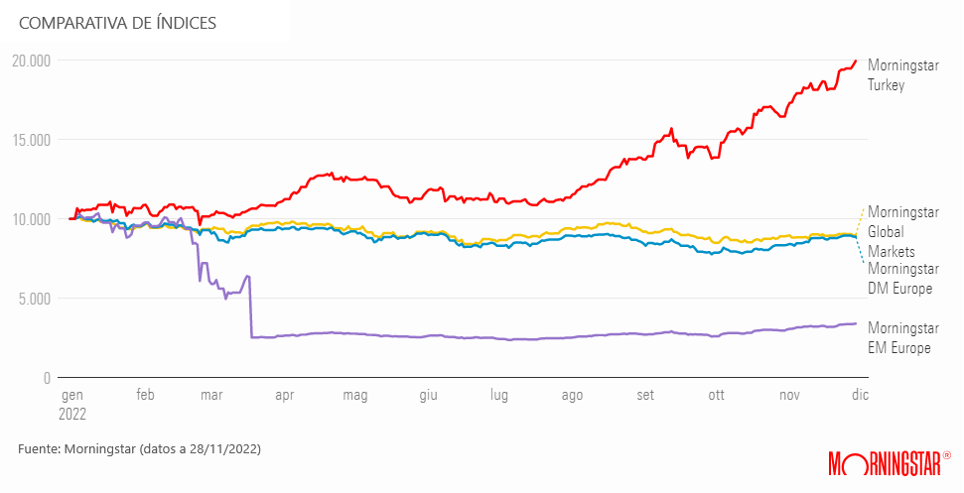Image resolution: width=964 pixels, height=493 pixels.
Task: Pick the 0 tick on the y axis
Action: tap(46, 378)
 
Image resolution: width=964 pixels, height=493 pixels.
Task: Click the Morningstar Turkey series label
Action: tap(902, 75)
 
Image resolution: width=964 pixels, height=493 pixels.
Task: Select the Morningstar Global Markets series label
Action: tap(902, 232)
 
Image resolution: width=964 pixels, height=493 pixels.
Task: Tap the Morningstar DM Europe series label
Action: tap(902, 278)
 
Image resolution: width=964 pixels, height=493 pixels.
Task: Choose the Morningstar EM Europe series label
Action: tap(902, 337)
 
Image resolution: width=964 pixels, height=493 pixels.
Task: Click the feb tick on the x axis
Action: tap(145, 395)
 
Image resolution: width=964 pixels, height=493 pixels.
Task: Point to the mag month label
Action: tap(354, 395)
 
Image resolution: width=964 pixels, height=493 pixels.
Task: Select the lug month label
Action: tap(498, 395)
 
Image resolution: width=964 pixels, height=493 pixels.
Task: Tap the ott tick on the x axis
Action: tap(716, 395)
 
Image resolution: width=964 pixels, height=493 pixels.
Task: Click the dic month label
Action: tap(860, 395)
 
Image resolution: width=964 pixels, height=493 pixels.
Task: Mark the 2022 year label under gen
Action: tap(72, 413)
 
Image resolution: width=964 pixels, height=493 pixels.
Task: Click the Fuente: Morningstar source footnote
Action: tap(139, 449)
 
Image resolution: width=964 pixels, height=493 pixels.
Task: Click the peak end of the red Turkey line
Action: tap(856, 61)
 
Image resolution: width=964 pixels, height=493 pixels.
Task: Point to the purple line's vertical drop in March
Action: tap(250, 308)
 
